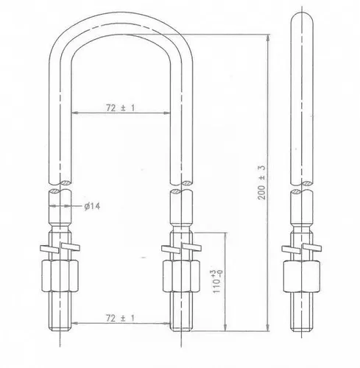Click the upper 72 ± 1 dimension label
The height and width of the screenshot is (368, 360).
pos(121,107)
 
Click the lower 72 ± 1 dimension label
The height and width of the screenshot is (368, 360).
pos(121,318)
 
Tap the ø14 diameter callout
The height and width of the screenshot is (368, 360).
pos(92,206)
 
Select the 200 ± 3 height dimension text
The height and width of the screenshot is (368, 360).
pos(262,183)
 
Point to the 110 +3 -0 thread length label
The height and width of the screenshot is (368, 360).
pos(216,281)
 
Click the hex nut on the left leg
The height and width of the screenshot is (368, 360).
pos(60,276)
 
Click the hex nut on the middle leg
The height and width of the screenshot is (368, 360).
pos(181,276)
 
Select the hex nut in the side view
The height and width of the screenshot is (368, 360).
pos(302,276)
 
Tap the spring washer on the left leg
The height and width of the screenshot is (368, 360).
pos(60,247)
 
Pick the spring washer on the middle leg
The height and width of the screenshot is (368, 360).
pos(181,247)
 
